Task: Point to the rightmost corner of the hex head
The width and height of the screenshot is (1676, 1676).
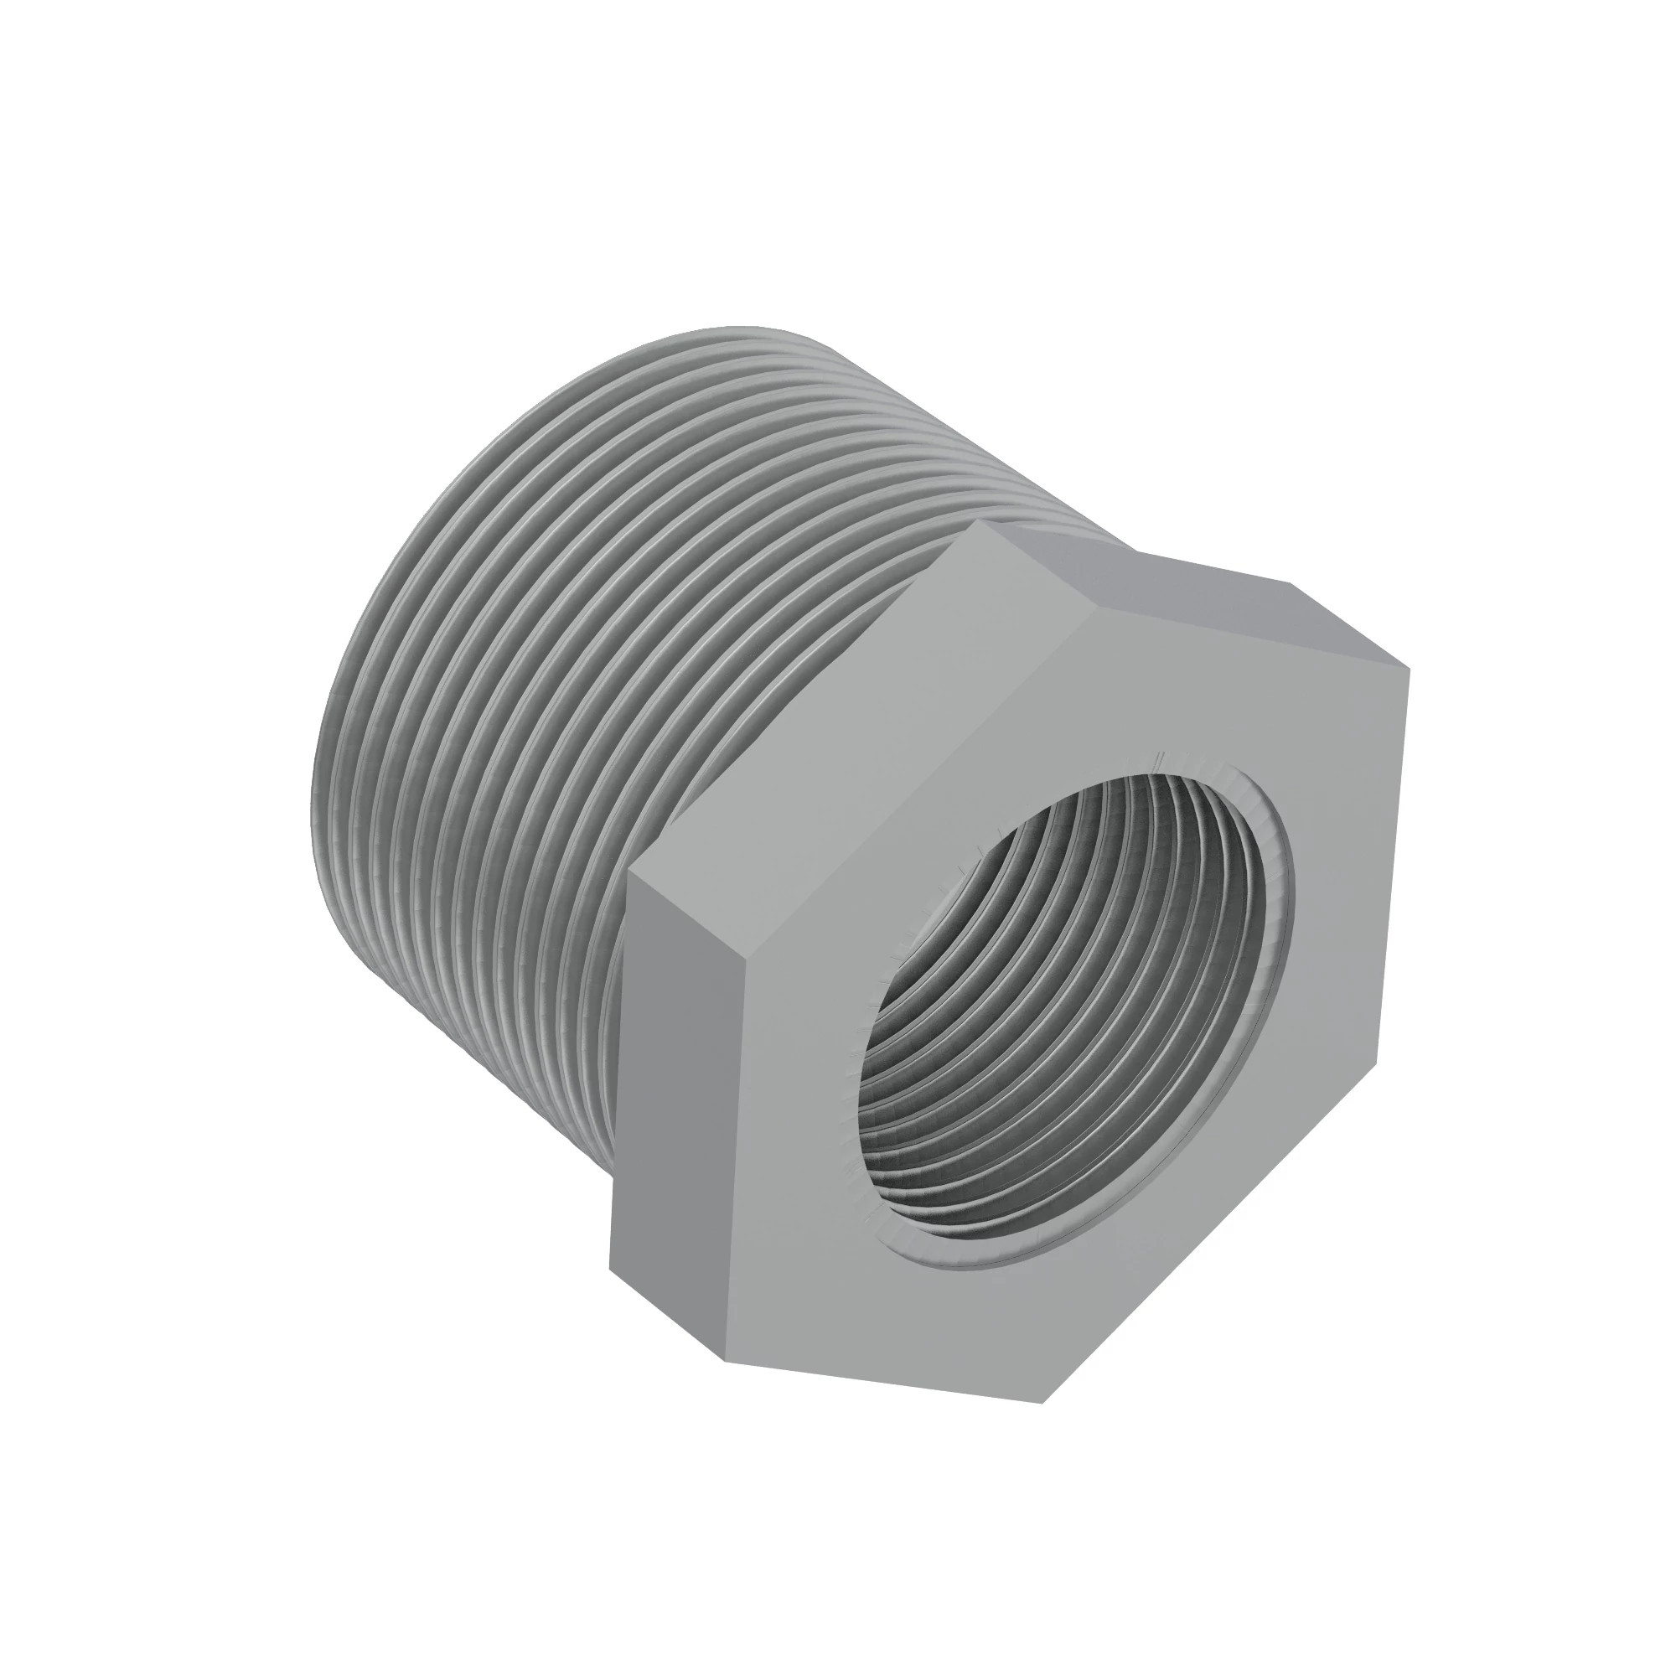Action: click(x=1410, y=670)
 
